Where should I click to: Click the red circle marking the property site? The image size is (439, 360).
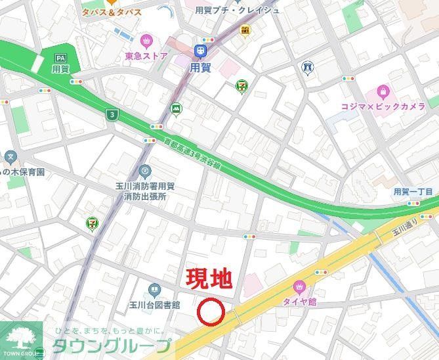click(211, 312)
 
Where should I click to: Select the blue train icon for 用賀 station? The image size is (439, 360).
click(199, 51)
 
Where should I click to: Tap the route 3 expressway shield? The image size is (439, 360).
click(112, 114)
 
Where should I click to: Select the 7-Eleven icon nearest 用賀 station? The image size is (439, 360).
click(241, 85)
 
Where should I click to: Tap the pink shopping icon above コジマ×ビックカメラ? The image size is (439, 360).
click(382, 92)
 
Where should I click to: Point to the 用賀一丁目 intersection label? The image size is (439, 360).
click(413, 192)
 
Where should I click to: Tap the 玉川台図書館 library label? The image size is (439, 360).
click(154, 305)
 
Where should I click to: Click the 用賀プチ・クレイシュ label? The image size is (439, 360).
click(237, 10)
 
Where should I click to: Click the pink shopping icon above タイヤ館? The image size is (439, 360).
click(300, 286)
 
